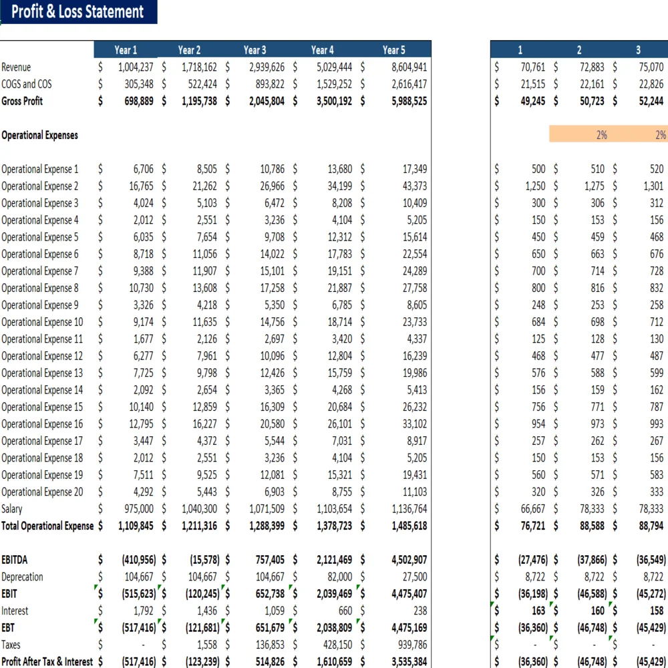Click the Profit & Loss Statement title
77,12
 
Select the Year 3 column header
255,49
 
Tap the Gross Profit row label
22,101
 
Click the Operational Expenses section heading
39,135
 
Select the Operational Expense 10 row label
42,322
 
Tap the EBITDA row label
15,560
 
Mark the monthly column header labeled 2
579,49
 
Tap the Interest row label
15,611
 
